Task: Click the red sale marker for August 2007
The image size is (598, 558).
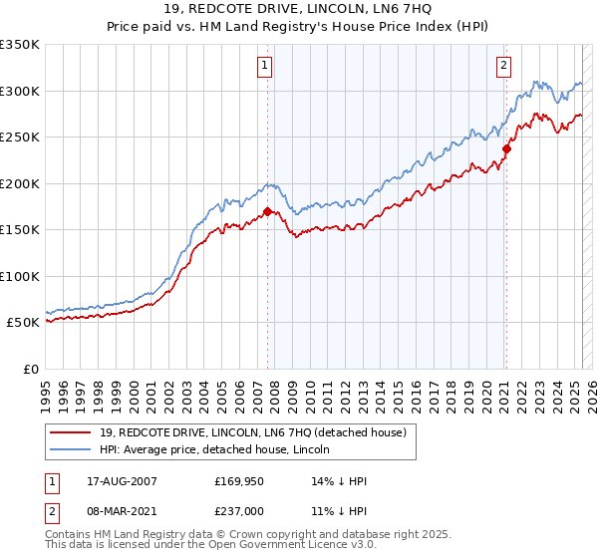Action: (268, 211)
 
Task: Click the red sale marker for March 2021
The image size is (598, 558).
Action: (506, 149)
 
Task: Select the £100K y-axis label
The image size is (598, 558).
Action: (21, 276)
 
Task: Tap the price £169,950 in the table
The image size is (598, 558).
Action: (237, 481)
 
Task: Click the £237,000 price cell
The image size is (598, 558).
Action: (237, 511)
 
